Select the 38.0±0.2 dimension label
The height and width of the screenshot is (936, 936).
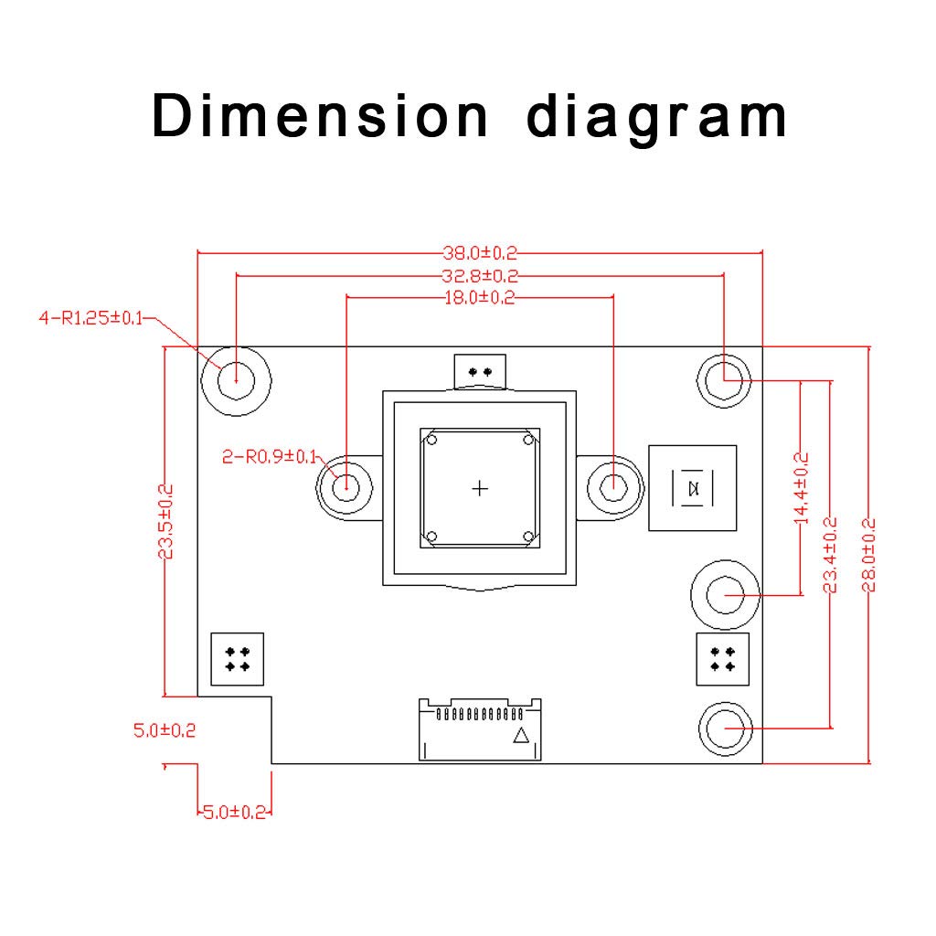(480, 253)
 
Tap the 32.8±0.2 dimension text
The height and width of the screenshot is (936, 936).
(480, 275)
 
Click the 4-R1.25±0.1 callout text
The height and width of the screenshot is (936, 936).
(90, 318)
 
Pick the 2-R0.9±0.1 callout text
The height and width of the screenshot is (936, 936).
(269, 456)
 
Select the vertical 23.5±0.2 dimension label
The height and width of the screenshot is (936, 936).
(165, 521)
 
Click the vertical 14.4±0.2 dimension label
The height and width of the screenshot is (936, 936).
(801, 487)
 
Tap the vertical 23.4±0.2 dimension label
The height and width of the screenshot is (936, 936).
(830, 555)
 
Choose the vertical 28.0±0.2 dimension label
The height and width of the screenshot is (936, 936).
(868, 555)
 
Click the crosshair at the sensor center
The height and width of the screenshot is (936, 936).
(480, 488)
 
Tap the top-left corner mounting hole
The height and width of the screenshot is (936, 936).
(236, 377)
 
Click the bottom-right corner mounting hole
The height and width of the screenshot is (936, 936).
(727, 729)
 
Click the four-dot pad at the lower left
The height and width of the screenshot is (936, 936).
(237, 659)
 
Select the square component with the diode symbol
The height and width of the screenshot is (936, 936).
(692, 488)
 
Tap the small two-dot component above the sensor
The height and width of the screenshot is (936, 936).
(479, 372)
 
